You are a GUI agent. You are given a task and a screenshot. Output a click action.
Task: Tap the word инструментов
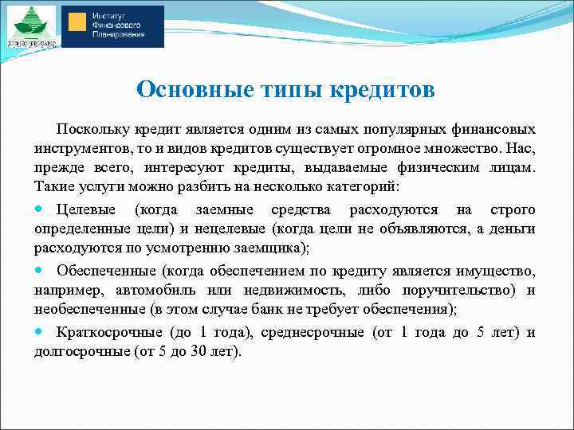pos(79,149)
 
